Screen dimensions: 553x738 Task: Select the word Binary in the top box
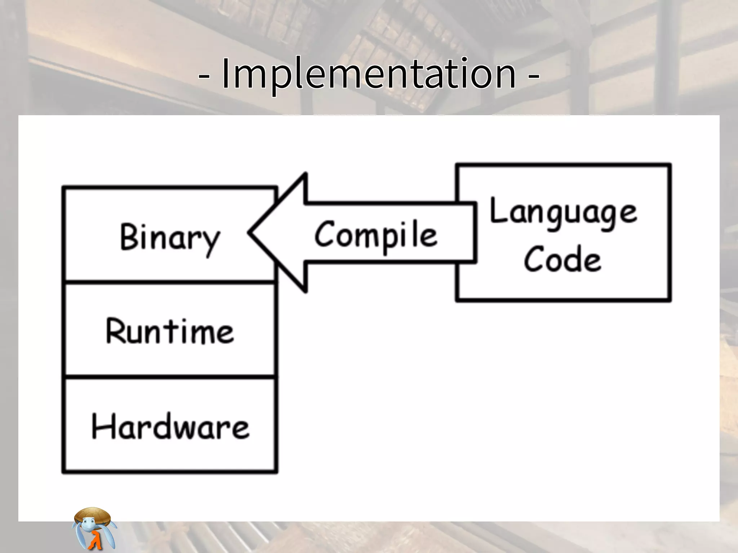(170, 238)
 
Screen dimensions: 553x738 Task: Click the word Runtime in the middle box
(170, 332)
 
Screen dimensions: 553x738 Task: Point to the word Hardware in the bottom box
(170, 427)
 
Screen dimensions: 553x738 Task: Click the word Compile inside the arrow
(376, 235)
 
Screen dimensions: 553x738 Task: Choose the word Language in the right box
(563, 212)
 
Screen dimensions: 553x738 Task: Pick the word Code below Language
(563, 258)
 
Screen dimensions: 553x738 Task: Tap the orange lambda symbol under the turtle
(95, 540)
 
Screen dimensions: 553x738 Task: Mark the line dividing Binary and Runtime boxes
(170, 282)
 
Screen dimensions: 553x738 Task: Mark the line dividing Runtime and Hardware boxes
(170, 377)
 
